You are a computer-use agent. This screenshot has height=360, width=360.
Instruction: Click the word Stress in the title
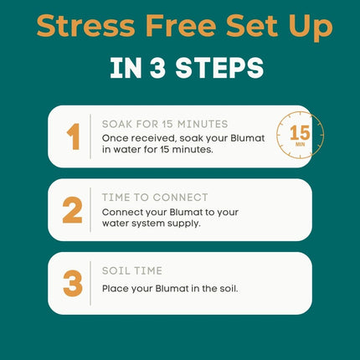pos(86,26)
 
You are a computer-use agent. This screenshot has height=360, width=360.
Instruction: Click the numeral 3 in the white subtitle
pos(158,68)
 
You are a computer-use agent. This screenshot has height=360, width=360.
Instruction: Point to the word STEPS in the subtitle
pos(219,68)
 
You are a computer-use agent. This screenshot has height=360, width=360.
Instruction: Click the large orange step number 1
pos(74,136)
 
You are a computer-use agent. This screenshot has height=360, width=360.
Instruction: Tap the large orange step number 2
pos(73,210)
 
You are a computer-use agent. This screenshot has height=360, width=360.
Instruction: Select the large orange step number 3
pos(73,284)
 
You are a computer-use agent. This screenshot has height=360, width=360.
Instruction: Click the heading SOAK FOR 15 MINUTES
pos(165,124)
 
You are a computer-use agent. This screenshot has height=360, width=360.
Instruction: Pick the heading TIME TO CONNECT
pos(155,198)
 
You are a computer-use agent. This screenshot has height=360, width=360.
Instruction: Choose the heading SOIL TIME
pos(132,271)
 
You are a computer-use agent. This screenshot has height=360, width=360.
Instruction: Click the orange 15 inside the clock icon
pos(300,132)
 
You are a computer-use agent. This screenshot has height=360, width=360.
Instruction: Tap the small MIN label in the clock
pos(300,144)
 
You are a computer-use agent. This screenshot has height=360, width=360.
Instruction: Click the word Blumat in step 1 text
pos(248,138)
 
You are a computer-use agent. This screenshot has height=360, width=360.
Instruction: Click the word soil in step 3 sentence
pos(229,288)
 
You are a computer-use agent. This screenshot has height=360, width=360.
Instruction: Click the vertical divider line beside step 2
pos(90,210)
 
